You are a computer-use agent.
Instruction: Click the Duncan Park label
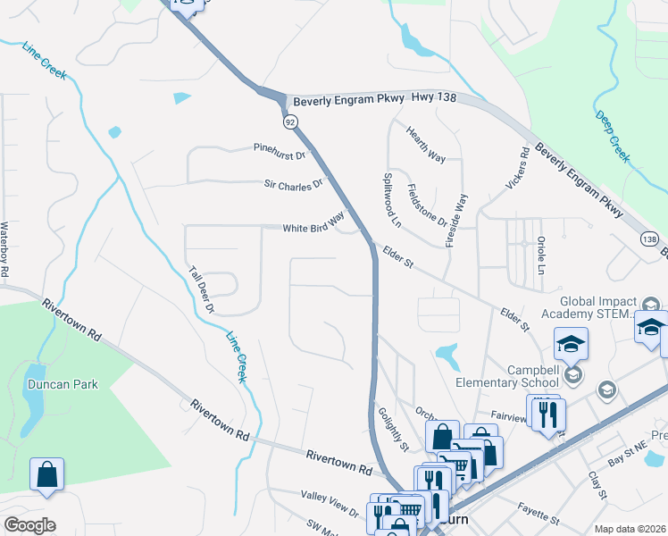tap(62, 384)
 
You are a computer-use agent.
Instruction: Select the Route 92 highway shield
tap(290, 121)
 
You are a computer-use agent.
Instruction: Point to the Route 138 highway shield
tap(649, 239)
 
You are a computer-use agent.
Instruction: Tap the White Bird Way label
tap(313, 224)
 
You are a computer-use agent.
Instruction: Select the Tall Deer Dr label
tap(202, 289)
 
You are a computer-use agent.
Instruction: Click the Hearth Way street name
tap(426, 144)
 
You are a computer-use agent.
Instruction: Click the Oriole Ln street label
tap(541, 255)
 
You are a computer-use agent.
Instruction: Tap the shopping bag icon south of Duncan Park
tap(46, 474)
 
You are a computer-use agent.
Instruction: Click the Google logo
tap(29, 525)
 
